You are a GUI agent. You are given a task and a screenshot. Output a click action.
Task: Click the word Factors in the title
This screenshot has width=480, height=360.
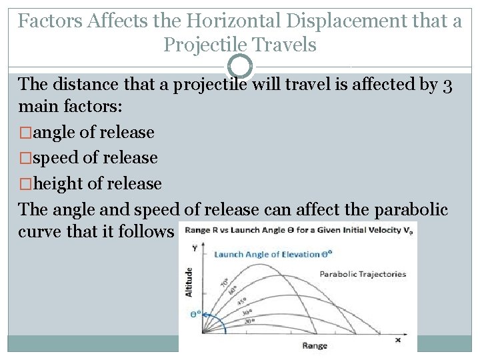coord(49,21)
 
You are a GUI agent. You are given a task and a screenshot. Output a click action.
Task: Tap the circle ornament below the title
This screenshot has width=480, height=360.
coord(240,67)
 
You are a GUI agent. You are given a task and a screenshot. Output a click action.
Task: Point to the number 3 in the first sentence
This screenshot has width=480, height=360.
coord(447,85)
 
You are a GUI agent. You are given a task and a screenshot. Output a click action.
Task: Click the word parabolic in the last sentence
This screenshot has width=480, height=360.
coord(407,209)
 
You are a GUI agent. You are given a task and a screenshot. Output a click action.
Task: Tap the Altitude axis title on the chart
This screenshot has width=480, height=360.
coord(189,282)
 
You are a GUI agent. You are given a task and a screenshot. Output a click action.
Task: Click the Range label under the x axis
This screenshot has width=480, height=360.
coord(315,345)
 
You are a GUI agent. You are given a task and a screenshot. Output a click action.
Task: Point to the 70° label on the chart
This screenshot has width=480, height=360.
coord(224,281)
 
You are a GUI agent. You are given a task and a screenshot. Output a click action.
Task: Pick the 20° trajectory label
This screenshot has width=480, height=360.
coord(249,321)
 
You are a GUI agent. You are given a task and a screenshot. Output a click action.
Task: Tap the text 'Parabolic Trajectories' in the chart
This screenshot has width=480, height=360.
coord(363,274)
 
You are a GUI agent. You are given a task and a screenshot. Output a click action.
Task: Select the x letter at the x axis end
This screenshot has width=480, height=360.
coord(398,339)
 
